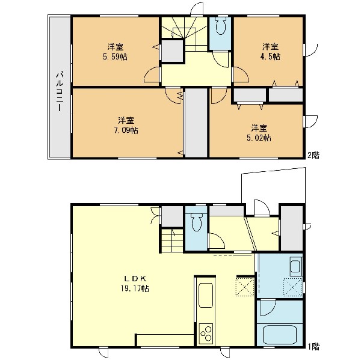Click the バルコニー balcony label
(x=60, y=92)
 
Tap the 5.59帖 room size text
(x=115, y=56)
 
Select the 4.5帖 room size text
(x=270, y=56)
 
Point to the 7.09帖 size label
(x=126, y=130)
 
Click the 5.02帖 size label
(x=259, y=138)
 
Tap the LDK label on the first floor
(x=135, y=279)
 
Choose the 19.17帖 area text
(x=135, y=288)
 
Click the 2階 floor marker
(x=313, y=155)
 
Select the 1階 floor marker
(x=313, y=346)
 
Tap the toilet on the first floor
(x=196, y=222)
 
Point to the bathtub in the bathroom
(x=280, y=335)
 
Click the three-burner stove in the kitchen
(x=206, y=334)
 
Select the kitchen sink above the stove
(x=206, y=295)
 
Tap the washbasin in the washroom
(x=295, y=266)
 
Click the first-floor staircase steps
(x=172, y=240)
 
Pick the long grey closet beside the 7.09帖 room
(x=196, y=123)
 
